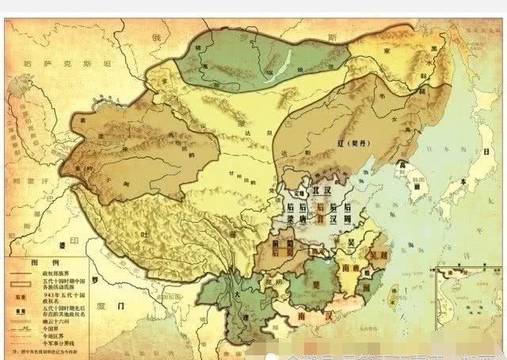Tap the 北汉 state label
click(x=322, y=191)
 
